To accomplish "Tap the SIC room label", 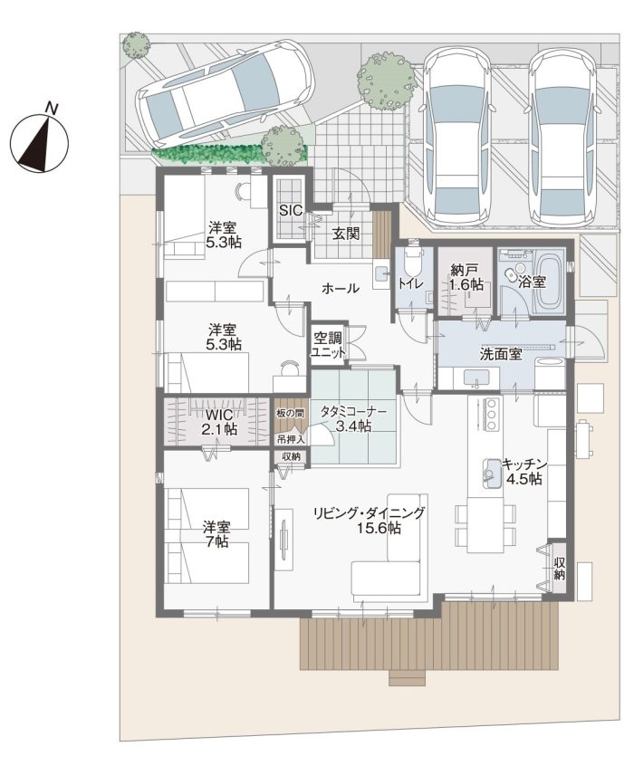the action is (x=291, y=210).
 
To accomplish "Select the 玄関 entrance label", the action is (x=345, y=234).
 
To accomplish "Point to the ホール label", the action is (x=341, y=288).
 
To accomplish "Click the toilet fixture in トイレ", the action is (x=413, y=263).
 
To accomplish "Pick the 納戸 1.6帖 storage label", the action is (x=466, y=277).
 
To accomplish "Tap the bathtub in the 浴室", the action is (x=548, y=280).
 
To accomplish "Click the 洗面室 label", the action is (x=501, y=354).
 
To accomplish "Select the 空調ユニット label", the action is (x=327, y=345).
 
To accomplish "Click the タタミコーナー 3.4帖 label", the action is (x=353, y=418).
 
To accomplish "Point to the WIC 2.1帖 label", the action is (x=218, y=422).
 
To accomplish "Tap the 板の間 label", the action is (x=291, y=413).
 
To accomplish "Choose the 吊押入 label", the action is (x=291, y=438).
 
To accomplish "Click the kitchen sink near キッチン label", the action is (x=490, y=471).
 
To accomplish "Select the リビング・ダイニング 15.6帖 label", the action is (x=369, y=521).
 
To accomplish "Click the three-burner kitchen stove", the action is (x=491, y=413).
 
